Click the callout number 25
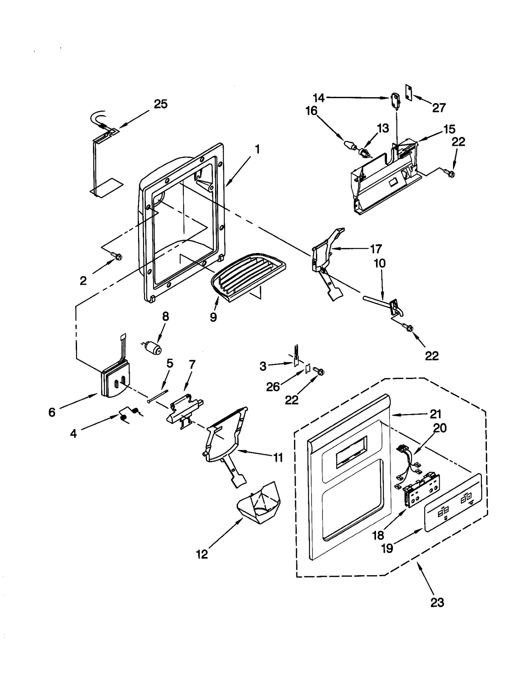click(x=161, y=104)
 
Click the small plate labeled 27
click(x=409, y=92)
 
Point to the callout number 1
click(x=257, y=150)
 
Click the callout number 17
click(x=375, y=249)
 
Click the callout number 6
click(x=52, y=412)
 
